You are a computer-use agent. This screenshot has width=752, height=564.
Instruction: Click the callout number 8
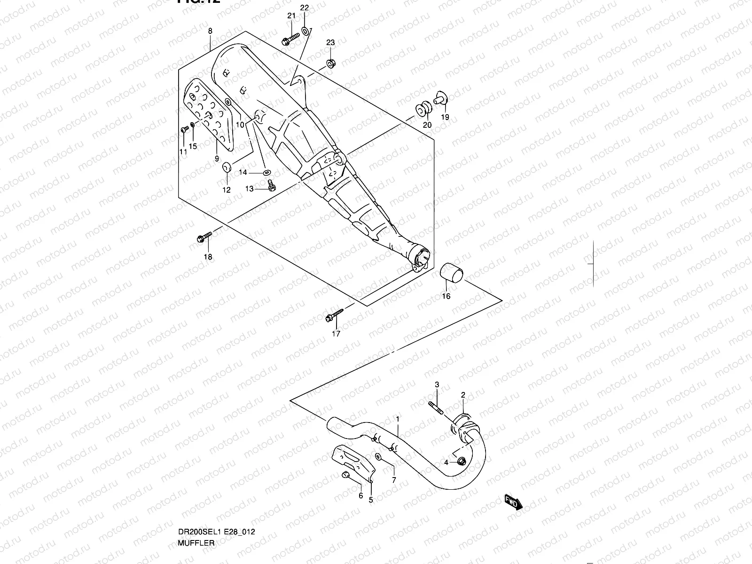pyautogui.click(x=210, y=31)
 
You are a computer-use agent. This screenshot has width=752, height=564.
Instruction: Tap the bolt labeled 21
pyautogui.click(x=290, y=39)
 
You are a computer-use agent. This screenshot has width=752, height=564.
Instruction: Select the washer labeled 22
pyautogui.click(x=305, y=31)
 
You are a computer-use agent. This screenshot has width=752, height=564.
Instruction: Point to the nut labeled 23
pyautogui.click(x=330, y=63)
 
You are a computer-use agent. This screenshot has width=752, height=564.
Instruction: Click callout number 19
pyautogui.click(x=445, y=117)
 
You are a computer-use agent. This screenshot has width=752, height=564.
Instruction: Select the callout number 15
pyautogui.click(x=193, y=146)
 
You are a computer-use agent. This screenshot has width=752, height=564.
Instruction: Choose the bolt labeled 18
pyautogui.click(x=204, y=238)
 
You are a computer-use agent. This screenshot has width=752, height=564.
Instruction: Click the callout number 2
pyautogui.click(x=462, y=395)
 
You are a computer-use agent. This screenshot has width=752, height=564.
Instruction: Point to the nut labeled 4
pyautogui.click(x=462, y=462)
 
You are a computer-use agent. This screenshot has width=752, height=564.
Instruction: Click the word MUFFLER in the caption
pyautogui.click(x=196, y=542)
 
